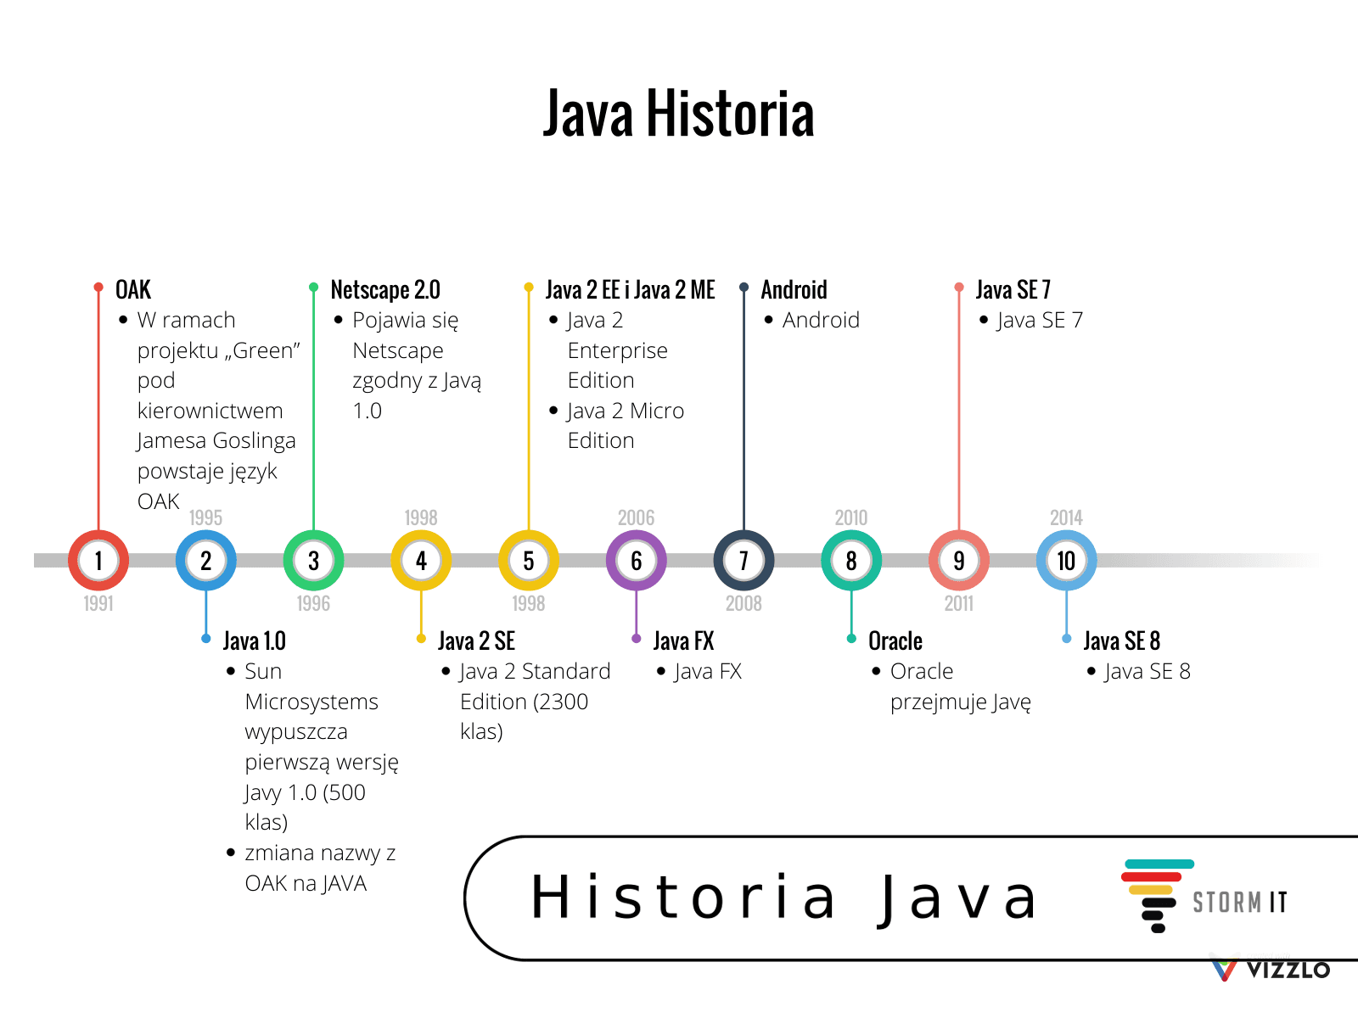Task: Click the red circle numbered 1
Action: point(98,561)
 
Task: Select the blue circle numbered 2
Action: point(206,561)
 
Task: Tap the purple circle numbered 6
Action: point(637,561)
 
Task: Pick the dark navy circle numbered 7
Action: point(744,561)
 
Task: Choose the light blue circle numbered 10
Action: point(1066,561)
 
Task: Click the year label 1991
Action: point(98,603)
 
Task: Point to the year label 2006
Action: point(637,517)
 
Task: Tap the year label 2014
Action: point(1066,517)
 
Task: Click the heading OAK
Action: point(133,290)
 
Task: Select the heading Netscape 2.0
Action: point(385,290)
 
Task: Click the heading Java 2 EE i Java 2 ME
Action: point(631,290)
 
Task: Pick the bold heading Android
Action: point(794,290)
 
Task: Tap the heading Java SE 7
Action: point(1013,290)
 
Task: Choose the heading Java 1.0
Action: point(255,641)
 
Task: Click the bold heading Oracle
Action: point(895,641)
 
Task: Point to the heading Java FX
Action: point(684,641)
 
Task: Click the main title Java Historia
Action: point(679,114)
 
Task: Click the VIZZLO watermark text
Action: point(1288,970)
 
